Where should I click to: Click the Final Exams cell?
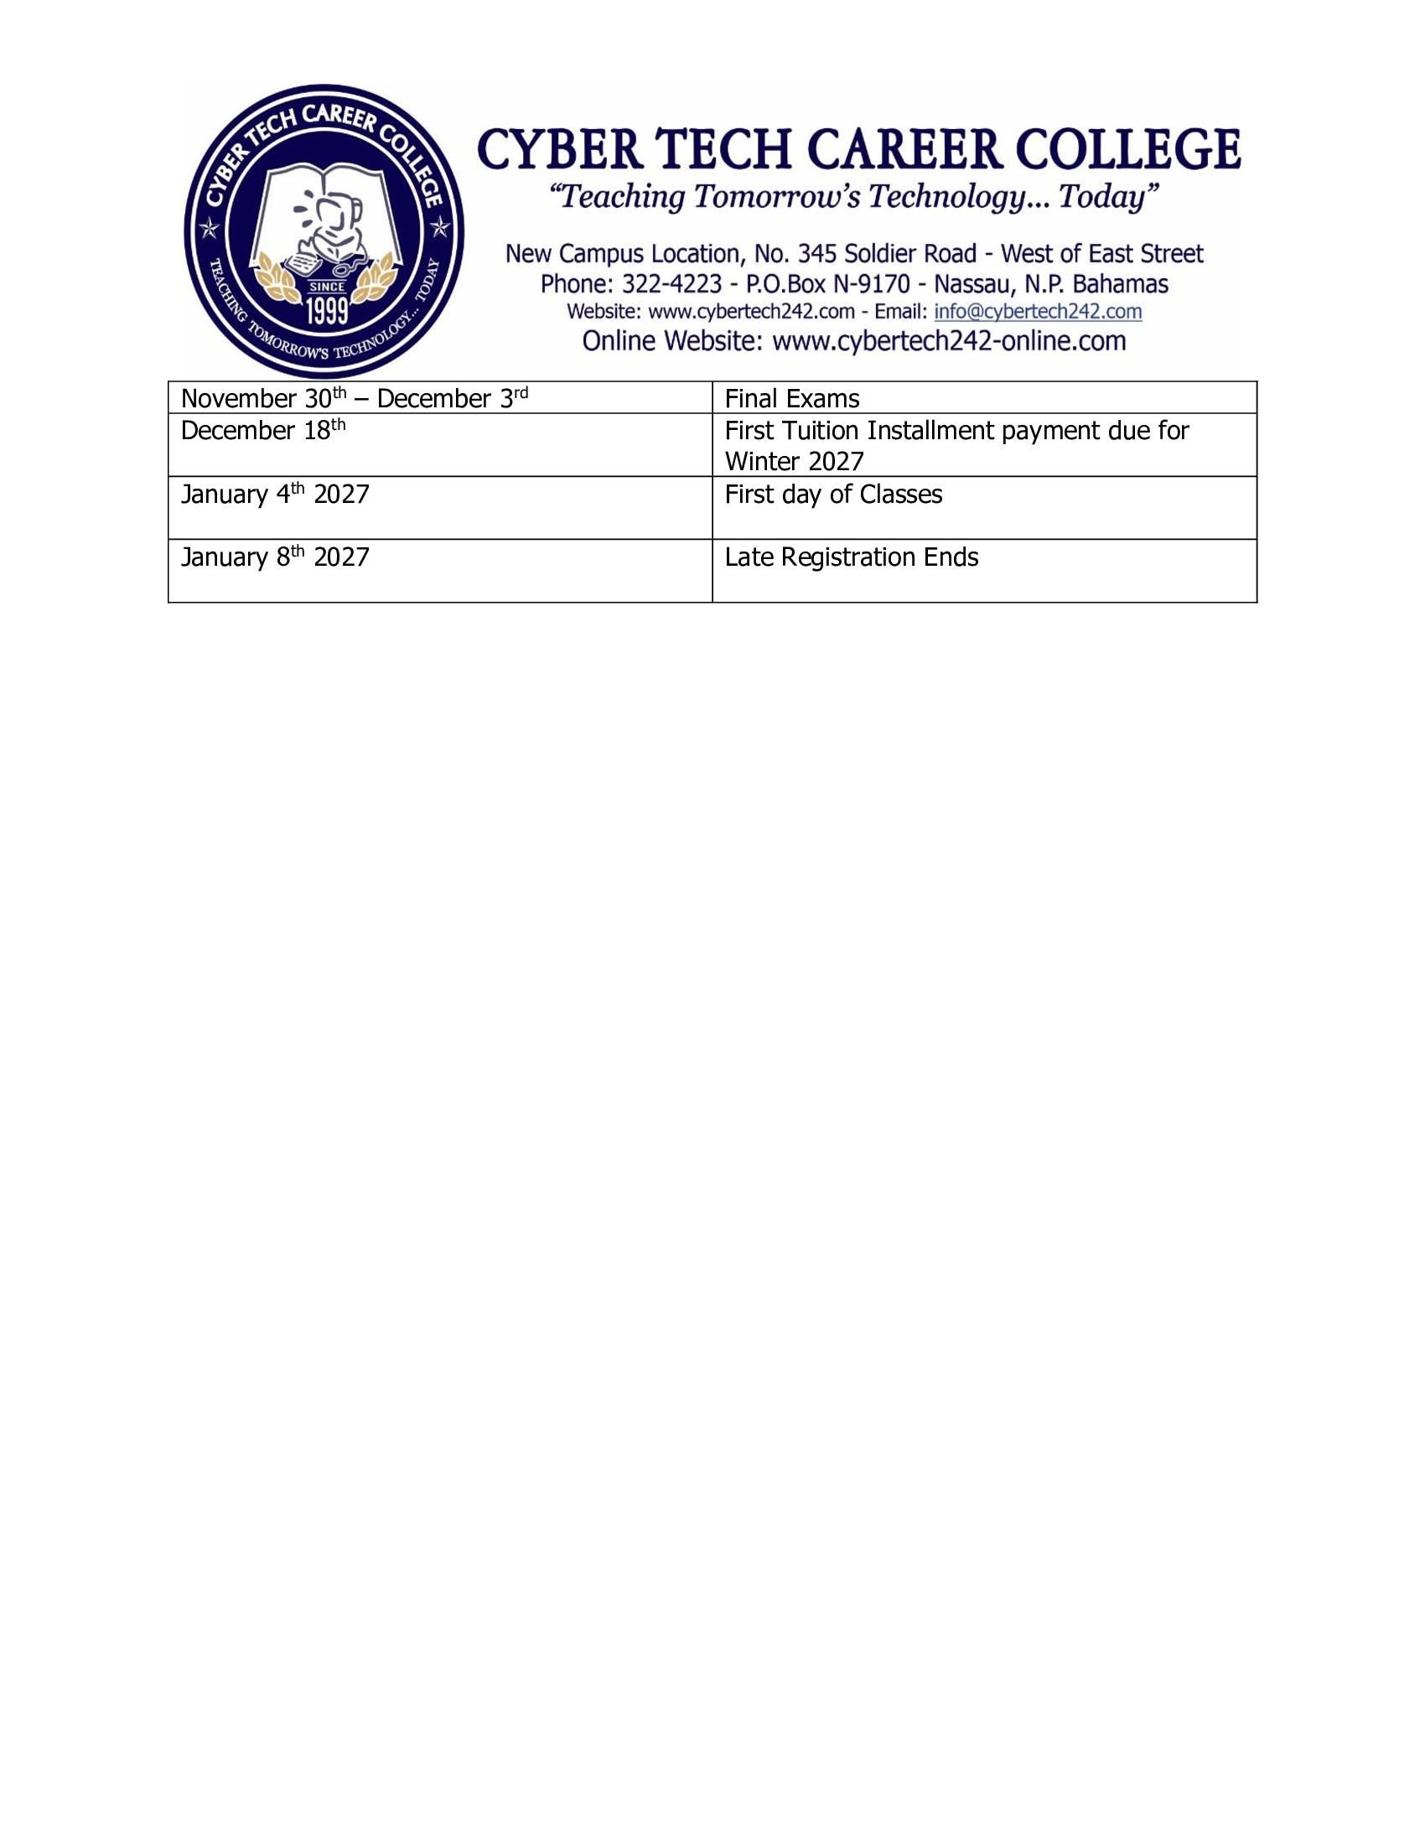tap(791, 398)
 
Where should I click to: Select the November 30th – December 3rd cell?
tap(354, 398)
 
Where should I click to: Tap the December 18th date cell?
tap(262, 431)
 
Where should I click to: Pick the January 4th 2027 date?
tap(274, 494)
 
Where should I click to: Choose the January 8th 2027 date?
tap(274, 557)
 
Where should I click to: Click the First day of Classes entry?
tap(832, 494)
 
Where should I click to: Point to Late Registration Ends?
tap(851, 557)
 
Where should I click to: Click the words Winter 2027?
tap(794, 462)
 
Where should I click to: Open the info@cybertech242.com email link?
tap(1038, 312)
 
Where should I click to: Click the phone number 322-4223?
tap(671, 283)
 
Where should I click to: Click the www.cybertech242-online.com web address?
tap(949, 341)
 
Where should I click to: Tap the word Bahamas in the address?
tap(1120, 283)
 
